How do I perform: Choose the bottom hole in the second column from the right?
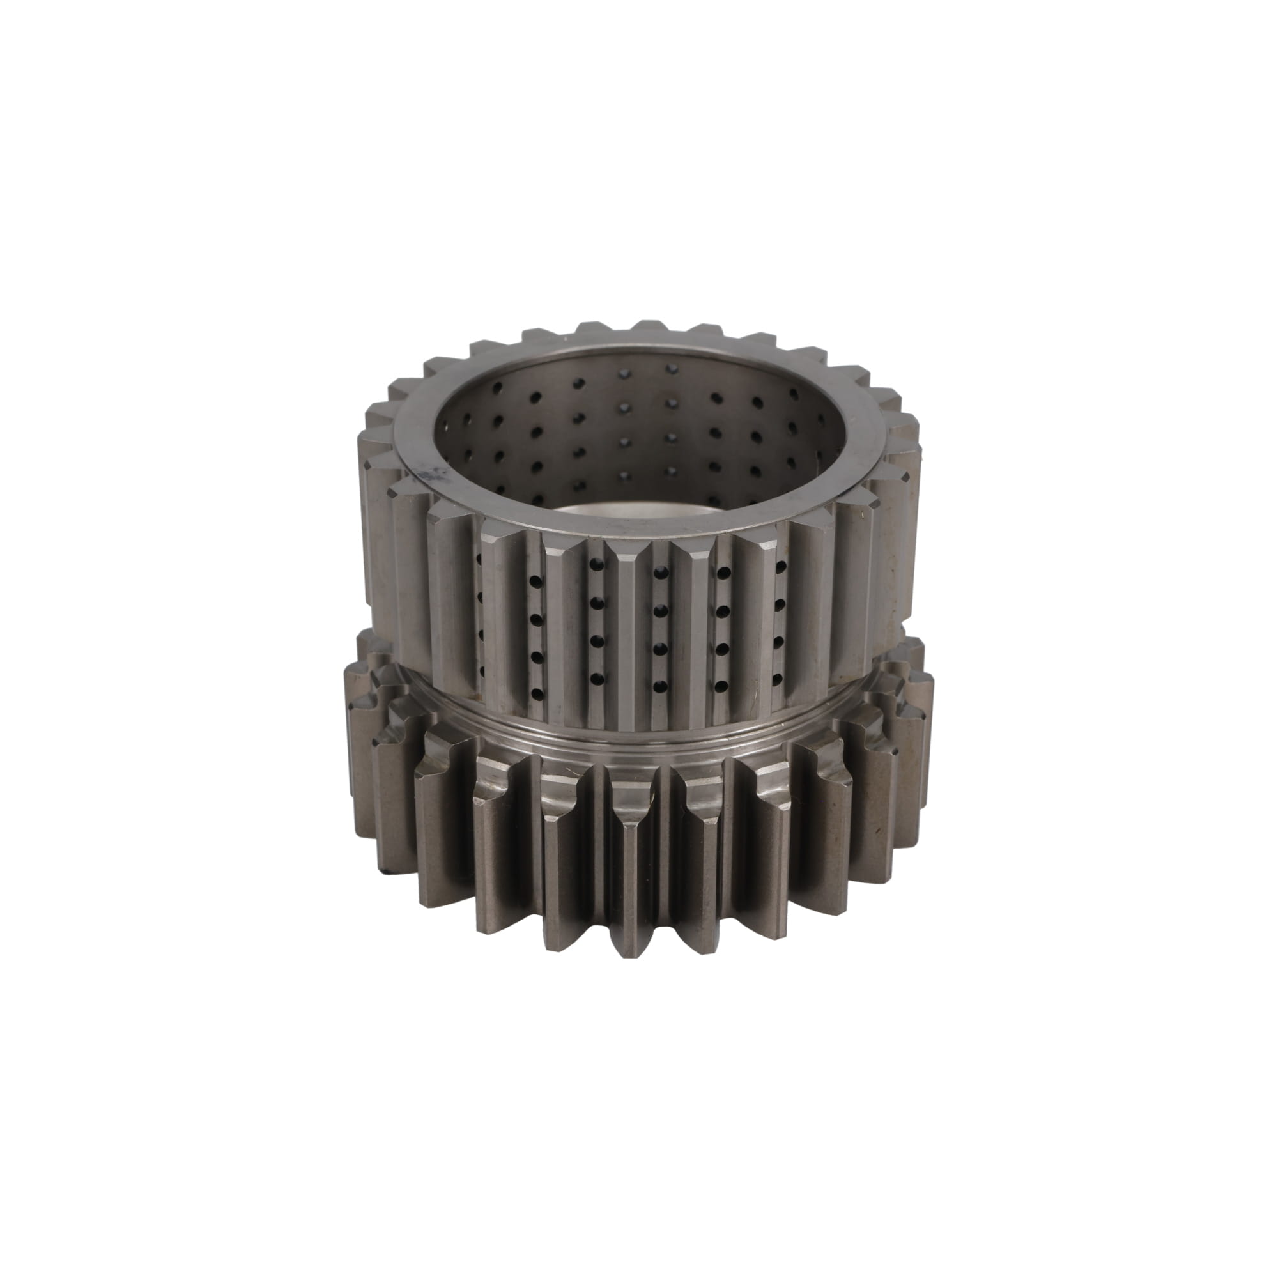pos(720,685)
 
